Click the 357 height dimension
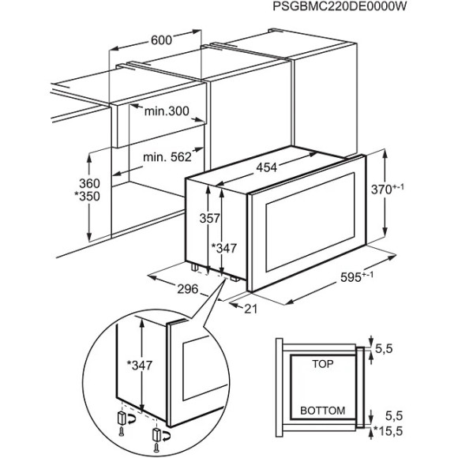click(x=206, y=219)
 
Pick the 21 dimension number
click(x=252, y=309)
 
